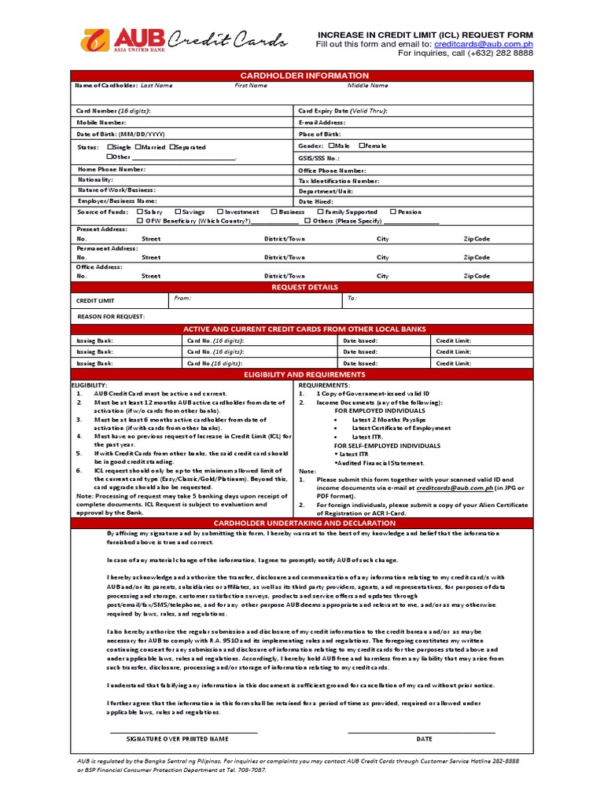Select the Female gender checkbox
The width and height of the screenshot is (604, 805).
click(362, 145)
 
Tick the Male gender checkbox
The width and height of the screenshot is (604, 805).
click(332, 145)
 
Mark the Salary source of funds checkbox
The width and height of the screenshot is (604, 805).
click(139, 211)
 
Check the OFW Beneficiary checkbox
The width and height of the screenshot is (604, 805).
click(139, 221)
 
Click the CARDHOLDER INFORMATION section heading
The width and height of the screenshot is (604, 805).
click(304, 75)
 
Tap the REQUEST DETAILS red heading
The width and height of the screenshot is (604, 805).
click(304, 288)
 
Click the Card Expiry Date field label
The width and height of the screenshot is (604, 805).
click(343, 112)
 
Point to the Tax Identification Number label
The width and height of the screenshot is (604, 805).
click(338, 181)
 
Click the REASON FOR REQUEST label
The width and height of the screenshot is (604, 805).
click(111, 316)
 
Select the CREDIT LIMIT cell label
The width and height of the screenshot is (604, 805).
click(95, 300)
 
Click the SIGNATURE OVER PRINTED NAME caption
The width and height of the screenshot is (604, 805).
click(177, 739)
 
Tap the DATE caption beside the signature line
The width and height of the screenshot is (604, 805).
click(425, 739)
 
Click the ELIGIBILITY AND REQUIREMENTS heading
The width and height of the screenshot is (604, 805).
click(304, 375)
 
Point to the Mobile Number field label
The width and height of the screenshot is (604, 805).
click(101, 123)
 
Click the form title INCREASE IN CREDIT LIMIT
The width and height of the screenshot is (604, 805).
click(425, 35)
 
